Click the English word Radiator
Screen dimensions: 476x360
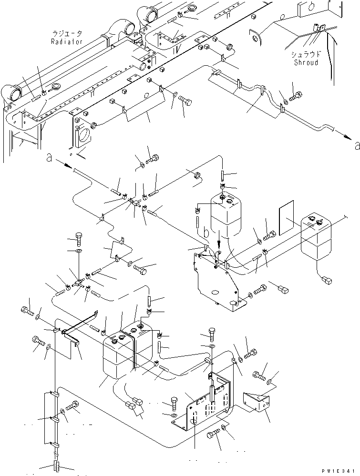[66, 41]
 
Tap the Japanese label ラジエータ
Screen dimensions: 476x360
[67, 34]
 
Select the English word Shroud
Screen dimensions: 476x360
[306, 62]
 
